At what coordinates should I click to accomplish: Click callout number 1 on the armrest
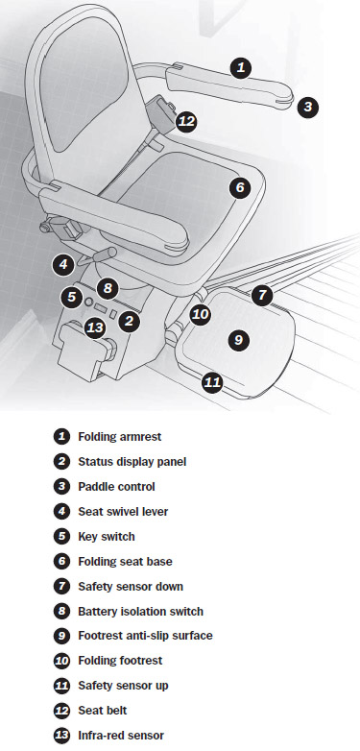point(241,67)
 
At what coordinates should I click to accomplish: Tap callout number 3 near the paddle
point(307,107)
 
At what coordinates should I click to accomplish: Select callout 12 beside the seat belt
point(186,122)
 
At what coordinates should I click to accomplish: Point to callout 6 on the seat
point(240,187)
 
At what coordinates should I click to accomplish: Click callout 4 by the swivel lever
point(63,264)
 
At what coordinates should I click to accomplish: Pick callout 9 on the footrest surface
point(238,340)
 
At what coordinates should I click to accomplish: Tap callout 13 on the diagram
point(95,328)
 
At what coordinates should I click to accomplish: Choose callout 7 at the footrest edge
point(262,295)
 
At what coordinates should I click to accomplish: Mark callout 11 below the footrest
point(212,382)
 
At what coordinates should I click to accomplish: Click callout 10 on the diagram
point(200,315)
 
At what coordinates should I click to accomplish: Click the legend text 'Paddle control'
point(116,487)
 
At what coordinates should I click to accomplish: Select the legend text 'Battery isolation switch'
point(141,611)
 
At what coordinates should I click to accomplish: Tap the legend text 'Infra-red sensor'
point(121,736)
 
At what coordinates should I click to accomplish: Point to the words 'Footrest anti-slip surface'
point(145,636)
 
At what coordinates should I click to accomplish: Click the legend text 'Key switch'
point(107,537)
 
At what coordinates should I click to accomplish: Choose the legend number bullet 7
point(61,586)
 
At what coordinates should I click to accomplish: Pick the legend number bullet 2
point(61,462)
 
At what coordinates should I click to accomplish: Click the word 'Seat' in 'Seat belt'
point(89,711)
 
